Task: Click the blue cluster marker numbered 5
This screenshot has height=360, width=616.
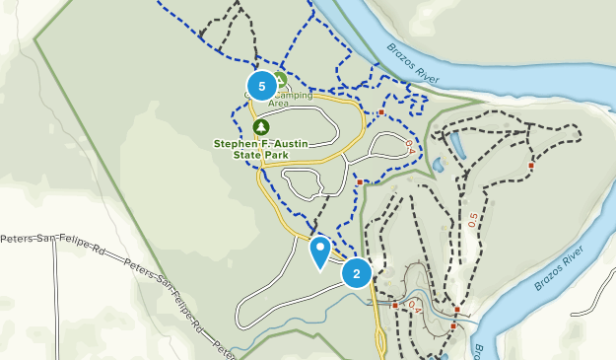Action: [x=261, y=86]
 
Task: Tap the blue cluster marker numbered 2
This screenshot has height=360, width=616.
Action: [x=357, y=272]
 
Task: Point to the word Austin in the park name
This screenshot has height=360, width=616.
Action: [x=290, y=143]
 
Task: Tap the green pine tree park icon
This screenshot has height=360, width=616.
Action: [x=260, y=127]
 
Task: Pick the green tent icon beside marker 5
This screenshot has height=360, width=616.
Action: [x=279, y=80]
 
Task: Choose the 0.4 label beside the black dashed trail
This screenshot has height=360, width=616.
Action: [x=415, y=309]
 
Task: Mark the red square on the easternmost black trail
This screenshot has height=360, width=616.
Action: [x=531, y=165]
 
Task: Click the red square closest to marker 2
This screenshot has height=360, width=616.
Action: [x=395, y=305]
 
